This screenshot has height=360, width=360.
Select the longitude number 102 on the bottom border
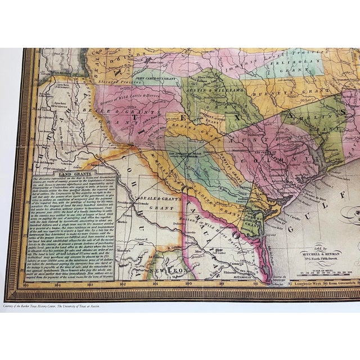[x=123, y=285]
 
